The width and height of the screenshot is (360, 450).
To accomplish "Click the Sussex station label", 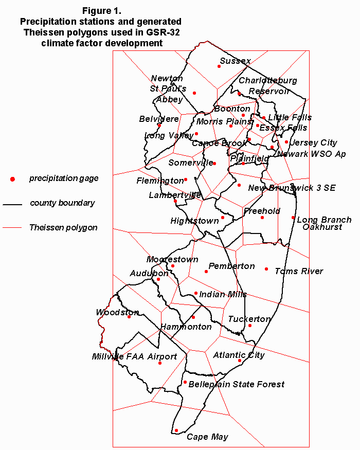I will click(x=235, y=61).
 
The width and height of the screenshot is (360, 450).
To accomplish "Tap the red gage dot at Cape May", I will click(x=176, y=430).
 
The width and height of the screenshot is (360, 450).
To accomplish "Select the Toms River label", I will click(x=299, y=271).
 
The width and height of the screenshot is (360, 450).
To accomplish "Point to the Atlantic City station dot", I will click(x=240, y=361).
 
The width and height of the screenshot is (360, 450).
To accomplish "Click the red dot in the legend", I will click(x=12, y=179).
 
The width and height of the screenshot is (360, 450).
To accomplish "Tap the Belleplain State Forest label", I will click(x=237, y=384).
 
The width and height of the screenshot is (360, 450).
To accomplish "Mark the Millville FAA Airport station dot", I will click(x=160, y=363).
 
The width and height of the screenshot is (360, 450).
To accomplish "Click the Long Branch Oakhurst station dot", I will click(x=293, y=218).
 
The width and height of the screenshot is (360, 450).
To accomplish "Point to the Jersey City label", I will click(x=313, y=142).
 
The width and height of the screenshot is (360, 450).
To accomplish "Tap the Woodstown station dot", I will click(x=129, y=316).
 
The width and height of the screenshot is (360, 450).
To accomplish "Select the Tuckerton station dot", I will click(x=250, y=325).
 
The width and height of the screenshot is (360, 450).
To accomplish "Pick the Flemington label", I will click(x=160, y=181).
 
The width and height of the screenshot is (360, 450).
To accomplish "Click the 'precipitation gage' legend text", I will click(x=64, y=178).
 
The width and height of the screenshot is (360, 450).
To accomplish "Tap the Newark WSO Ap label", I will click(x=311, y=154).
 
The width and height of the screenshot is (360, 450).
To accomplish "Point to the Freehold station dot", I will click(x=262, y=218).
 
